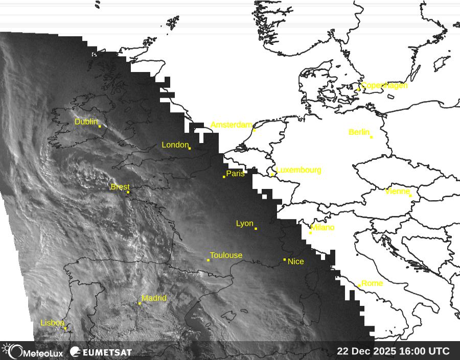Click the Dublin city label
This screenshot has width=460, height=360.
86,122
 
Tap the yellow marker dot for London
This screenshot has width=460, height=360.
190,148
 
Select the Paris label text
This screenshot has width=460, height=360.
236,174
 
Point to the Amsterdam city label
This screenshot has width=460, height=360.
232,125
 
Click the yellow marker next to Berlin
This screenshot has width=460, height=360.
371,137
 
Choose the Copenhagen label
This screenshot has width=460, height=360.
384,85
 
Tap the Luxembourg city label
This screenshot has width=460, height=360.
298,170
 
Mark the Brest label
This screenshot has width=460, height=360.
120,187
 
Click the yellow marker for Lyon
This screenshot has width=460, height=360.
256,228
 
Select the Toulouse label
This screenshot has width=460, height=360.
226,255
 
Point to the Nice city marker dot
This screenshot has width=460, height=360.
285,259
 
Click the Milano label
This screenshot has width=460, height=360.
323,228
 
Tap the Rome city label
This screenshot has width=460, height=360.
372,283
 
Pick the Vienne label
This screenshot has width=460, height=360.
397,191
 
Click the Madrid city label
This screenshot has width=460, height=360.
154,298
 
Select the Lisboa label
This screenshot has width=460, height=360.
52,323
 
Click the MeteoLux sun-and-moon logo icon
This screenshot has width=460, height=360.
12,351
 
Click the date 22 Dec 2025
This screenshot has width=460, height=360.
366,351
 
